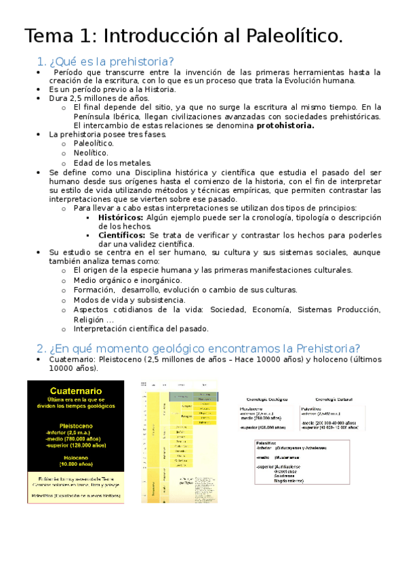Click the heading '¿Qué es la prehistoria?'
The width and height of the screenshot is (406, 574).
[x=112, y=62]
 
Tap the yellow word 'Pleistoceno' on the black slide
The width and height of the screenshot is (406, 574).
[x=75, y=420]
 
